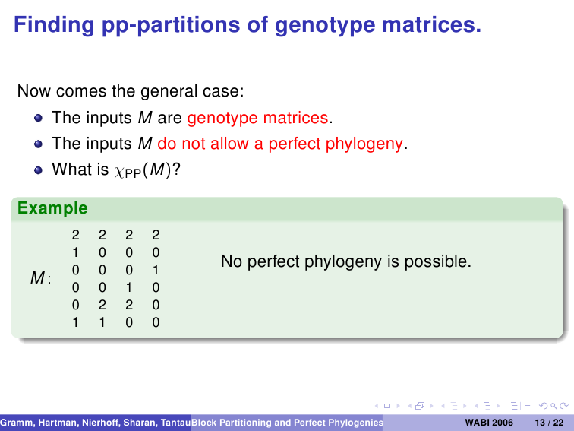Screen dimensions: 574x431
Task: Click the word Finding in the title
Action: point(54,25)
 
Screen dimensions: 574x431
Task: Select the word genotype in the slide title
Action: point(325,26)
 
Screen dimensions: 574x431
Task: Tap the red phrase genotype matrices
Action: point(257,118)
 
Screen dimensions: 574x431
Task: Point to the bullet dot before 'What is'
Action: point(38,170)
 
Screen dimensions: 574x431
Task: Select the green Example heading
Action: point(52,208)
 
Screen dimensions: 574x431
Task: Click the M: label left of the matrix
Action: point(41,277)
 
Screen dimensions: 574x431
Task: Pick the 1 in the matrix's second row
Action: point(75,252)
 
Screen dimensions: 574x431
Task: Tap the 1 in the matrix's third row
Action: point(156,270)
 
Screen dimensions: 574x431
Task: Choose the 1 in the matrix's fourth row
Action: point(129,287)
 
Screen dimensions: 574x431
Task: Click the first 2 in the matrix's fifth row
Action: point(102,305)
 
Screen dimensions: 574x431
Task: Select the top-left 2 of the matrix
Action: point(75,235)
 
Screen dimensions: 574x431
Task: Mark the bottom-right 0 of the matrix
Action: point(156,322)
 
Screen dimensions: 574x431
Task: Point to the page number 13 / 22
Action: point(549,423)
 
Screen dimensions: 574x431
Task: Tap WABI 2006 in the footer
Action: point(489,423)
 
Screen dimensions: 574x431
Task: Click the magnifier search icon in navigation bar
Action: point(553,406)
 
